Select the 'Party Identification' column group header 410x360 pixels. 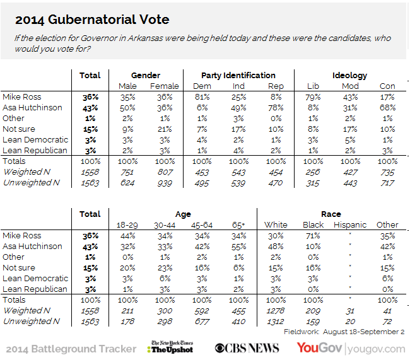tap(238, 76)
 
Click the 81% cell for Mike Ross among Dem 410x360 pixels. tap(201, 97)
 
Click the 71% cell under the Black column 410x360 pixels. tap(313, 236)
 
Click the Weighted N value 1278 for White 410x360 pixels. tap(276, 311)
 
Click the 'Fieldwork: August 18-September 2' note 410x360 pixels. tap(344, 332)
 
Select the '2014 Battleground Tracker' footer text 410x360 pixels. tap(71, 348)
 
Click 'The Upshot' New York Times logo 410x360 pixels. tap(172, 347)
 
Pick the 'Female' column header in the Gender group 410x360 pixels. tap(165, 86)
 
